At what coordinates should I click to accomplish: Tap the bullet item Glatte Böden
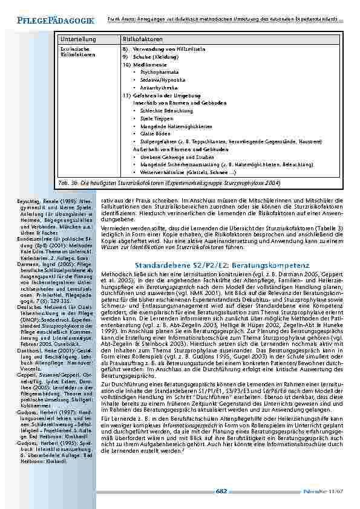pyautogui.click(x=155, y=134)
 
